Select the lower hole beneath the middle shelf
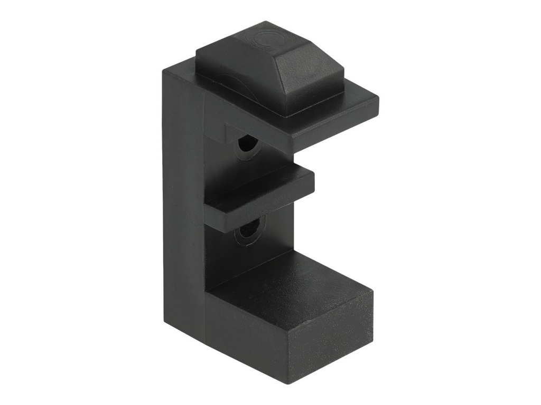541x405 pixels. click(x=247, y=232)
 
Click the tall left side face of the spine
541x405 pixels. click(x=183, y=211)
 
